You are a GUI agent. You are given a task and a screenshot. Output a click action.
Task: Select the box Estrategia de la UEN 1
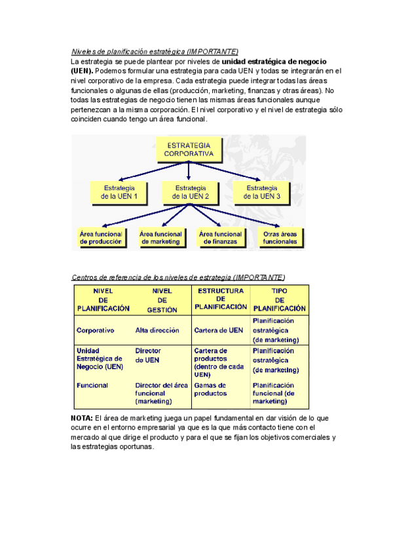[119, 192]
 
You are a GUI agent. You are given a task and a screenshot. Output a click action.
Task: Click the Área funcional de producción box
[101, 237]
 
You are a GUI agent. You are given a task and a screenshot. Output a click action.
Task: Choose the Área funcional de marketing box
[160, 237]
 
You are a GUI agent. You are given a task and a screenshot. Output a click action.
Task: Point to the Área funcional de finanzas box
[220, 237]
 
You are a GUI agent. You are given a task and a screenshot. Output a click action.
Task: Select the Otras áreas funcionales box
[280, 237]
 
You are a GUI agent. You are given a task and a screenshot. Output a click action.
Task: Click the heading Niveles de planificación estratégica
[155, 51]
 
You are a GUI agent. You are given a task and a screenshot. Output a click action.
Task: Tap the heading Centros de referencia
[178, 277]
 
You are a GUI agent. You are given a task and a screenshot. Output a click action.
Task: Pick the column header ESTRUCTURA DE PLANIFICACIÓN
[221, 299]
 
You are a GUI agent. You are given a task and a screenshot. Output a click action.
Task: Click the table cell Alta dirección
[157, 330]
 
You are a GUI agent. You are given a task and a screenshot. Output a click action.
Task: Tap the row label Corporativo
[96, 330]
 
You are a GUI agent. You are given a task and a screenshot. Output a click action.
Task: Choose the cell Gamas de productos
[211, 389]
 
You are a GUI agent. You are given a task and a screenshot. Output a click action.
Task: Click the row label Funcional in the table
[92, 386]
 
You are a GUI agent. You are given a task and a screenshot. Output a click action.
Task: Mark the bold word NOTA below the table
[81, 418]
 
